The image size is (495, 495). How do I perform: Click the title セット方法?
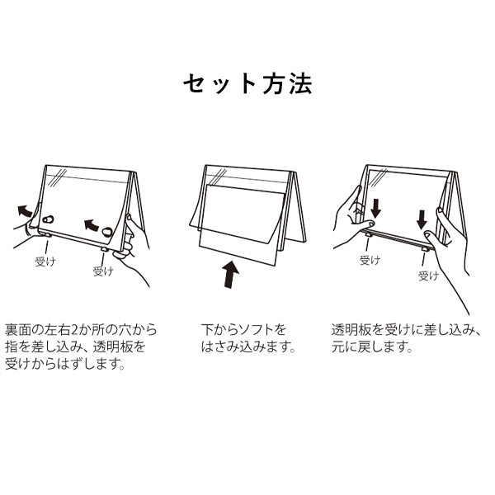[x=247, y=84]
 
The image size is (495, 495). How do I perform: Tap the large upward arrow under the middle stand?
[x=231, y=274]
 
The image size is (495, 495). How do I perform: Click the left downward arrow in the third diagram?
[x=376, y=209]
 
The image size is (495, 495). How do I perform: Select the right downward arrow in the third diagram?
[x=422, y=220]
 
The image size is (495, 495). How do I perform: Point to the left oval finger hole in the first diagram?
[x=49, y=219]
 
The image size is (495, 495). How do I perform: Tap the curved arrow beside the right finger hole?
[x=92, y=224]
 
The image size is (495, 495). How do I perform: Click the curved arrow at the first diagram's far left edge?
[x=25, y=210]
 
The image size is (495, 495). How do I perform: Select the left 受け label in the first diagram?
[x=45, y=262]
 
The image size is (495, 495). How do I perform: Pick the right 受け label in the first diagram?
[x=103, y=271]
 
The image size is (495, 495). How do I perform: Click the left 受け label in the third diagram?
[x=370, y=261]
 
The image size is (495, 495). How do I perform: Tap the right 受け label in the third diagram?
[x=429, y=276]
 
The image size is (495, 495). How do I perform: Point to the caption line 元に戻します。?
[x=372, y=347]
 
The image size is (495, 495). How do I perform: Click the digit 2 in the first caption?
[x=75, y=330]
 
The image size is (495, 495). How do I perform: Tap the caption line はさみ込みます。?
[x=248, y=347]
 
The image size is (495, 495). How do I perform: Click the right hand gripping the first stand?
[x=133, y=249]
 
